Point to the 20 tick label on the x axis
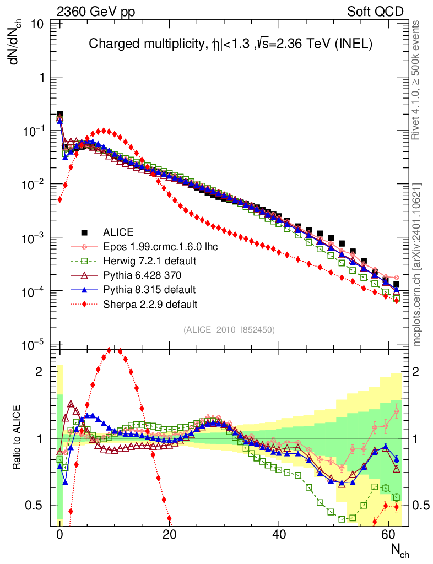[x=169, y=535]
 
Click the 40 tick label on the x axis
[x=279, y=535]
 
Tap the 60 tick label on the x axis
[x=389, y=535]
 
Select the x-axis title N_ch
[x=400, y=550]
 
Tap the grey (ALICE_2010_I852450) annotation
[x=229, y=329]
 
